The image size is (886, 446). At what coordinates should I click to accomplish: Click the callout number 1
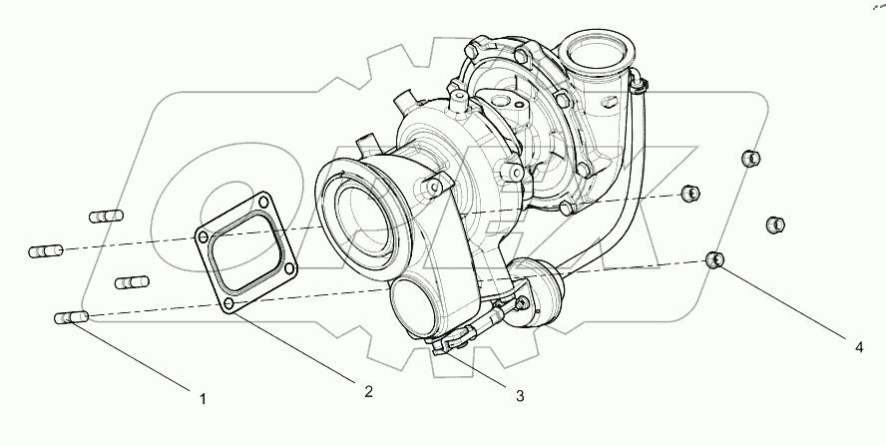pos(203,399)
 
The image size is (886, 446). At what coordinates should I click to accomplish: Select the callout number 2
pos(368,391)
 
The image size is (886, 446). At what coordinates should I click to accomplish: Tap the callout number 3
pos(520,396)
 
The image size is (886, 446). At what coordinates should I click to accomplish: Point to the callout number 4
pos(857,348)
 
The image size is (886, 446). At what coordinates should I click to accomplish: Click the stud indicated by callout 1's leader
pos(70,318)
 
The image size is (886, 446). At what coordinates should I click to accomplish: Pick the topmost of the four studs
pos(106,216)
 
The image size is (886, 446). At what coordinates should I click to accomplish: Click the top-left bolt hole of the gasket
pos(205,238)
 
